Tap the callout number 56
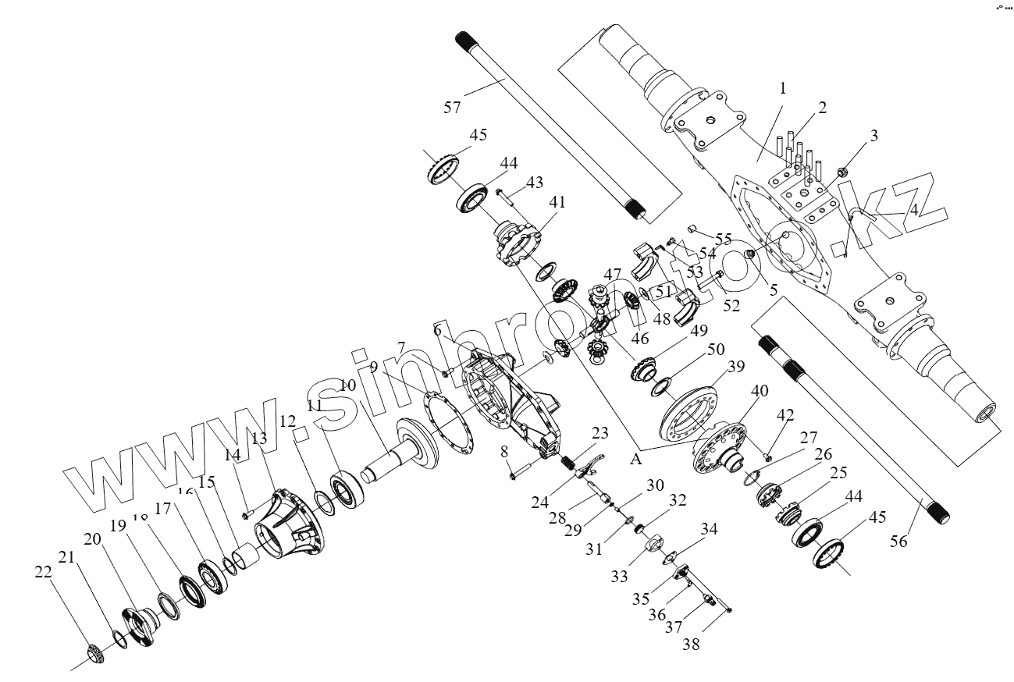click(x=899, y=539)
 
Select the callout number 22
click(x=43, y=571)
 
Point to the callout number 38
click(x=691, y=644)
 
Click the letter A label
click(x=636, y=460)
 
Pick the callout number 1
click(x=782, y=88)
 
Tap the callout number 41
click(x=557, y=201)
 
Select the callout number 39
click(x=735, y=367)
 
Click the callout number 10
click(x=347, y=385)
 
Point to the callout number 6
click(x=438, y=330)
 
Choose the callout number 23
click(x=599, y=432)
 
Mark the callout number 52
click(x=731, y=306)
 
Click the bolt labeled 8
click(x=519, y=472)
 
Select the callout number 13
click(x=259, y=439)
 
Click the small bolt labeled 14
click(x=246, y=514)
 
